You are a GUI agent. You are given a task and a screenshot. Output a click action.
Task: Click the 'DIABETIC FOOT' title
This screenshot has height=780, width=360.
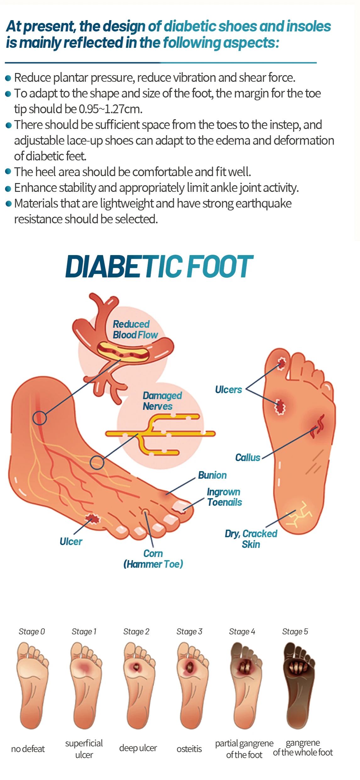[x=159, y=267]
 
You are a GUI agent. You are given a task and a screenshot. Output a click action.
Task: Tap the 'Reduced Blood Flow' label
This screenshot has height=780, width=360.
[x=135, y=330]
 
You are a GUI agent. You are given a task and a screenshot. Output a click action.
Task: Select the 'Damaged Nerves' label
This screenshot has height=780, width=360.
[x=162, y=401]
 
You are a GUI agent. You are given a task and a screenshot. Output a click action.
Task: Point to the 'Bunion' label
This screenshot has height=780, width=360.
[x=212, y=475]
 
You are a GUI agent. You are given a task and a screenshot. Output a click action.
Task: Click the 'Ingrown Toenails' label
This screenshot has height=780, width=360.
[x=224, y=497]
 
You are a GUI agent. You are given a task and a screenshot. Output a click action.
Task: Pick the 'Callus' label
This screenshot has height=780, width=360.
[x=248, y=458]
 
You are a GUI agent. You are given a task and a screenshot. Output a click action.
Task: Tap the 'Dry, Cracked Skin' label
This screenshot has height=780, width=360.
[x=251, y=539]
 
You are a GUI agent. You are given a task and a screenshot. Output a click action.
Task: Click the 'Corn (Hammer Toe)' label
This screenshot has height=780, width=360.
[x=153, y=559]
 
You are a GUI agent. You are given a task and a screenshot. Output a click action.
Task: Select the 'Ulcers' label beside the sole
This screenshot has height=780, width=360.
[x=229, y=390]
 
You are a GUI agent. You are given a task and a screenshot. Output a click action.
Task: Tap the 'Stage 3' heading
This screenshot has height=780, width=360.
[x=189, y=632]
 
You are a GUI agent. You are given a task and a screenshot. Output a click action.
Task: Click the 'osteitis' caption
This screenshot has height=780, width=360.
[x=189, y=749]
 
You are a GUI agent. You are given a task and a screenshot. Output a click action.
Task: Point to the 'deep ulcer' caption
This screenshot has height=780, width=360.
[x=138, y=748]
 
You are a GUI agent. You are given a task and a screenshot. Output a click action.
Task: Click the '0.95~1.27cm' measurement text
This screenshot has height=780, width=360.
[x=110, y=109]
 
